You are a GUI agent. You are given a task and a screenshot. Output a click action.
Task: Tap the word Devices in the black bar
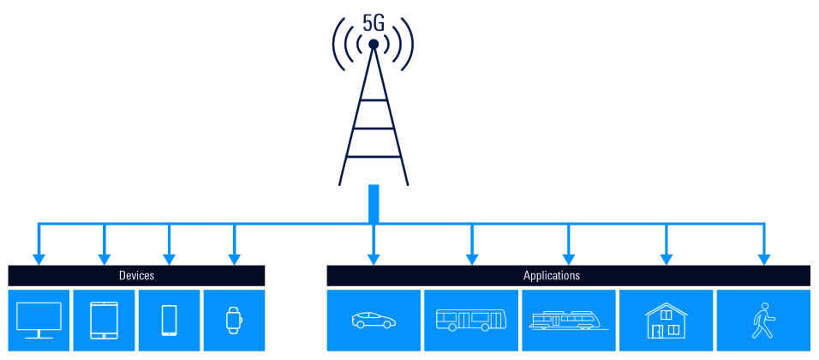click(136, 276)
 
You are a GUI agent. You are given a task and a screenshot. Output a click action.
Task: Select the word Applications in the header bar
click(552, 276)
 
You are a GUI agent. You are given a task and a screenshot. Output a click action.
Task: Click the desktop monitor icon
click(39, 320)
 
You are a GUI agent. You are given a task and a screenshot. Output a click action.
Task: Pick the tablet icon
click(105, 320)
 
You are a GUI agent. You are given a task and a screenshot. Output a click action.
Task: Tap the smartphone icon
click(169, 320)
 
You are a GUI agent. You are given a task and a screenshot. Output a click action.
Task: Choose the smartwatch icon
click(233, 320)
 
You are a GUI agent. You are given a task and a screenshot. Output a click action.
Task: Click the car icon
click(374, 321)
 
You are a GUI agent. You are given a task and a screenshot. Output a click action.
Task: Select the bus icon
click(471, 321)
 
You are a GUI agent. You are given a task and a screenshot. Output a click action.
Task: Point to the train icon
click(568, 321)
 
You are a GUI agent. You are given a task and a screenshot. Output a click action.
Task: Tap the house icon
click(666, 320)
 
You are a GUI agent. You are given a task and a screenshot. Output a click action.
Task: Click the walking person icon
click(762, 320)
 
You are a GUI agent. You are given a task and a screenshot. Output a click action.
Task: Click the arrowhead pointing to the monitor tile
click(39, 258)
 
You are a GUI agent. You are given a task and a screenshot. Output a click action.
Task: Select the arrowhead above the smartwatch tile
click(233, 258)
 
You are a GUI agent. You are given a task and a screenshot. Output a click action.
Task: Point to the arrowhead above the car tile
click(374, 258)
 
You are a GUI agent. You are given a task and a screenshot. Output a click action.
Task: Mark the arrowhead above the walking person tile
click(762, 258)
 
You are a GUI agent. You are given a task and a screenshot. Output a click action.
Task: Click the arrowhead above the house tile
click(666, 258)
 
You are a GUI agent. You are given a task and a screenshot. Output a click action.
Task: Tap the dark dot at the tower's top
click(374, 44)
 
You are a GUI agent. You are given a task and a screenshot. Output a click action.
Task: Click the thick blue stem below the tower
click(374, 204)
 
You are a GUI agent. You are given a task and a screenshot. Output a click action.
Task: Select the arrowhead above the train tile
click(568, 258)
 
